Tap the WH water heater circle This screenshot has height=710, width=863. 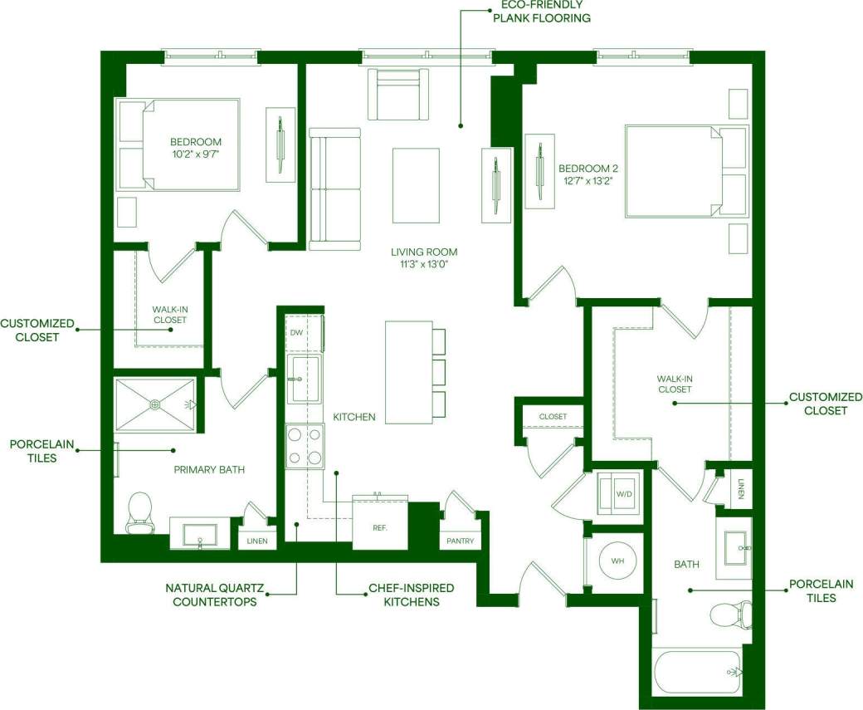pyautogui.click(x=617, y=561)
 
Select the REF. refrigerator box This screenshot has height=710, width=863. pyautogui.click(x=380, y=527)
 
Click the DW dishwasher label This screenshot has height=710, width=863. pyautogui.click(x=296, y=333)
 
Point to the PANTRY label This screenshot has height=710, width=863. pyautogui.click(x=460, y=541)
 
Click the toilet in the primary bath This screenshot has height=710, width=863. pyautogui.click(x=139, y=512)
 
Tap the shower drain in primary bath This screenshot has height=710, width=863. pyautogui.click(x=154, y=404)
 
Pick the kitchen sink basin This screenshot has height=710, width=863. pyautogui.click(x=303, y=379)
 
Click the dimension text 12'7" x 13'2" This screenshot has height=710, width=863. pyautogui.click(x=589, y=181)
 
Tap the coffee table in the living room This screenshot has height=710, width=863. pyautogui.click(x=415, y=184)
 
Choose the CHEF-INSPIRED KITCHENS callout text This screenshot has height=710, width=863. pyautogui.click(x=403, y=595)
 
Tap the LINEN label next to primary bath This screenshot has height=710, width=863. pyautogui.click(x=256, y=541)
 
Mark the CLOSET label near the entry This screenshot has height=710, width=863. pyautogui.click(x=552, y=417)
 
